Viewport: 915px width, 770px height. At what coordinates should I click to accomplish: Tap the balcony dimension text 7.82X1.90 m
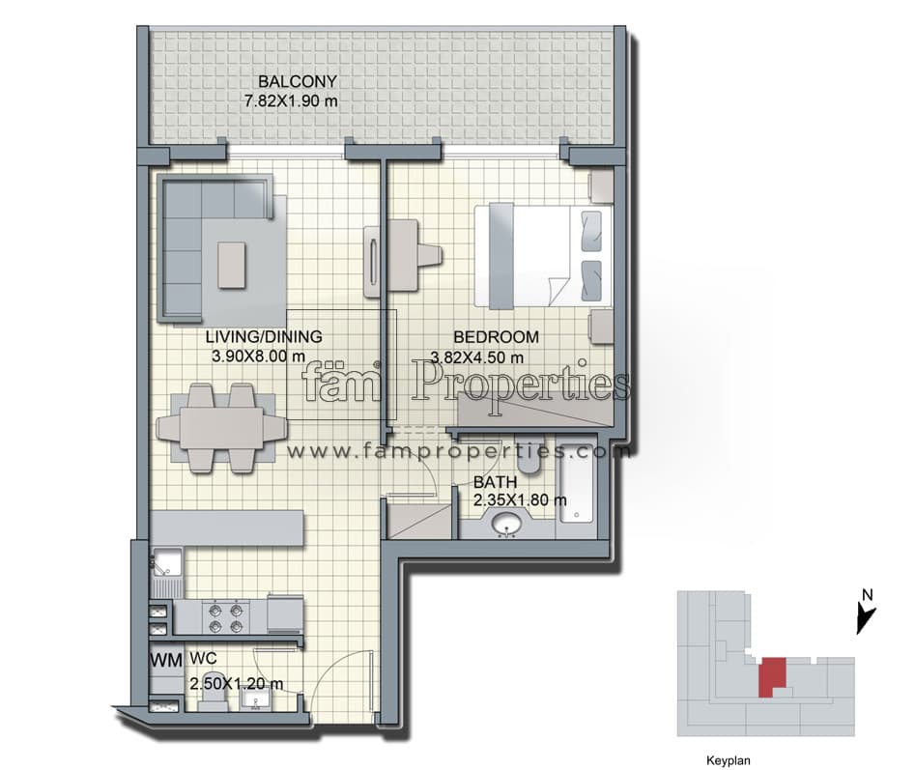(x=291, y=100)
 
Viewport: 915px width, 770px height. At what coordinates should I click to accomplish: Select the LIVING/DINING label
(x=264, y=336)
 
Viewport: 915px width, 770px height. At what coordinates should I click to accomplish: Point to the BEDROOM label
(x=496, y=336)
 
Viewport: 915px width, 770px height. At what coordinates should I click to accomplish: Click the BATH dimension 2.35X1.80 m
(x=520, y=499)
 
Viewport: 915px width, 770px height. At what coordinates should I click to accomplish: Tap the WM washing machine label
(x=166, y=661)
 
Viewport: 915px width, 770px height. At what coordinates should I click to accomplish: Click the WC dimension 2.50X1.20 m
(x=237, y=683)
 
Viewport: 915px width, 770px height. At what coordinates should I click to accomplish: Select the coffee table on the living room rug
(x=232, y=265)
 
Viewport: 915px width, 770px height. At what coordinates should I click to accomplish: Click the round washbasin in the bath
(x=507, y=525)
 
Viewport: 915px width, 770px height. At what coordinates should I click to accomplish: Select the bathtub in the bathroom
(x=576, y=487)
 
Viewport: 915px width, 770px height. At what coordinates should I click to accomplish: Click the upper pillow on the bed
(x=591, y=231)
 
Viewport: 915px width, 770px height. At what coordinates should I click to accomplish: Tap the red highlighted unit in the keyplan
(x=772, y=676)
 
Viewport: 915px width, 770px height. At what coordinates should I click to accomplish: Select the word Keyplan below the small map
(x=729, y=760)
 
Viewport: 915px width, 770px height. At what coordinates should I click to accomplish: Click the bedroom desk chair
(x=430, y=255)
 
